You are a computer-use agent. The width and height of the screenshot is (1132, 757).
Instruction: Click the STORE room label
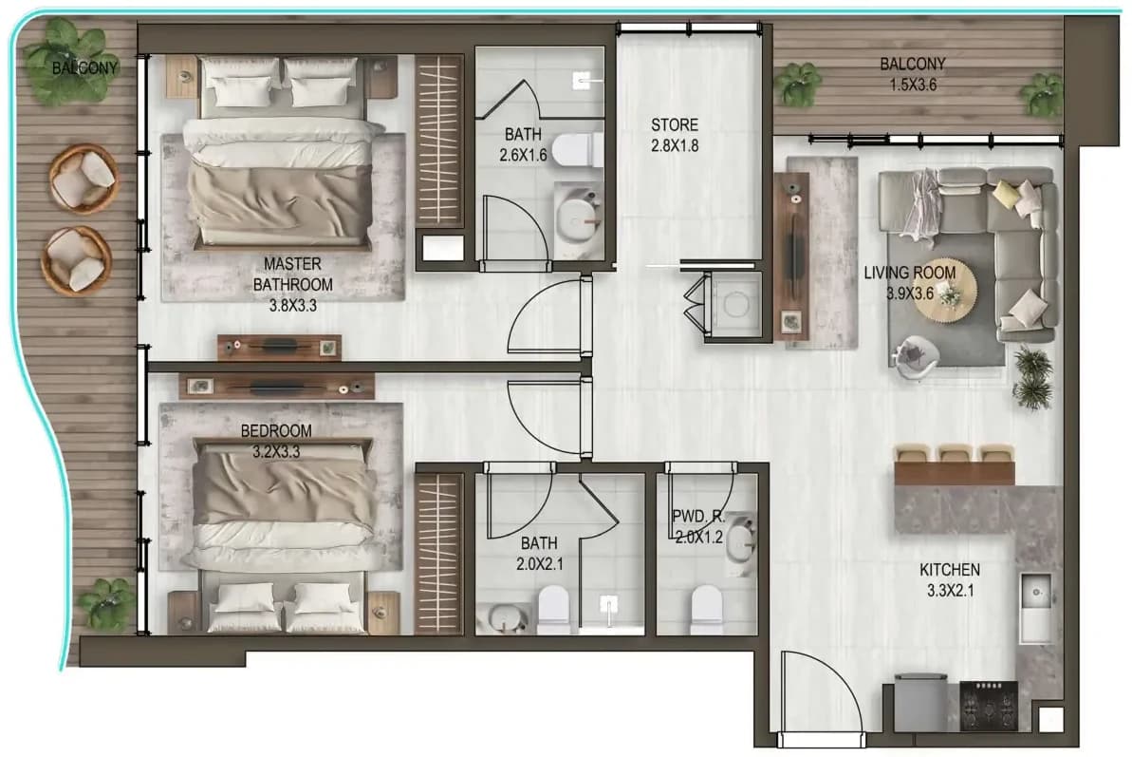click(x=675, y=124)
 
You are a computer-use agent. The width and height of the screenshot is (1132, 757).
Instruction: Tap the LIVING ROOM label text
click(x=910, y=273)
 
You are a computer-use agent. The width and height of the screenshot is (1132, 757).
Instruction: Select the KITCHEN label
click(x=950, y=570)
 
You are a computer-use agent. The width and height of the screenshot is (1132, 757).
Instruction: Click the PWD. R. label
click(x=698, y=517)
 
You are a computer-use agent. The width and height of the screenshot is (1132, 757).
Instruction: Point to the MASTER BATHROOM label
click(x=292, y=274)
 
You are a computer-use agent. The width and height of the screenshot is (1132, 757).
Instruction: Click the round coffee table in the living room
click(x=945, y=293)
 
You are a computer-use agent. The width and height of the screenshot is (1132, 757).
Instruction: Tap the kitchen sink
click(x=1035, y=608)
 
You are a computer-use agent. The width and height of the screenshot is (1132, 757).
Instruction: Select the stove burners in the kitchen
click(x=988, y=706)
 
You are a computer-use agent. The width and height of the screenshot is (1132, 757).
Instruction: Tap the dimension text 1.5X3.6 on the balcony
click(x=913, y=85)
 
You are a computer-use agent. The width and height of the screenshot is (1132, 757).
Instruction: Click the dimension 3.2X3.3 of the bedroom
click(x=276, y=452)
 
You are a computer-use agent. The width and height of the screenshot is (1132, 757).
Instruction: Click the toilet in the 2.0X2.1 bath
click(x=554, y=608)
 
